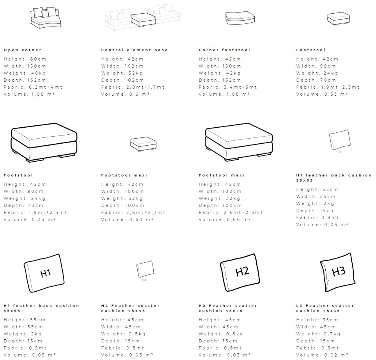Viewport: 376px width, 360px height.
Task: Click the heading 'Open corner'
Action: coord(22,50)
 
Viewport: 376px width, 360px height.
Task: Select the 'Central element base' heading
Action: coord(134,50)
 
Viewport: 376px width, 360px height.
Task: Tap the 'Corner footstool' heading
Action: coord(224,50)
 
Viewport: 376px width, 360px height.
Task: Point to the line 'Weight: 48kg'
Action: coord(25,73)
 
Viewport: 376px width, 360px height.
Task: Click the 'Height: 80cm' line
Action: coord(25,59)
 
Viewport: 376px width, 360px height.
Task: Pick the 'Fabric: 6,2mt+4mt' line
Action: coord(33,87)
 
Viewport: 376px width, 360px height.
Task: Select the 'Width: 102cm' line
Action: coord(122,66)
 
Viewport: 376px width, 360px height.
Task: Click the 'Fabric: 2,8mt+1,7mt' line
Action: coord(133,87)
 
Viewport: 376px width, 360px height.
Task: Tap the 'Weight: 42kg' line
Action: coord(220,73)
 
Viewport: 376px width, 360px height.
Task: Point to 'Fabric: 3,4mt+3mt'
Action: coord(228,87)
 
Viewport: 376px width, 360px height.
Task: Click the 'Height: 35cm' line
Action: coord(317,320)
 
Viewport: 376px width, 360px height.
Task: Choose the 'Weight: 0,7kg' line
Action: coord(318,334)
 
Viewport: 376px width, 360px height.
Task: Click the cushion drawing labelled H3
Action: coord(338,271)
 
